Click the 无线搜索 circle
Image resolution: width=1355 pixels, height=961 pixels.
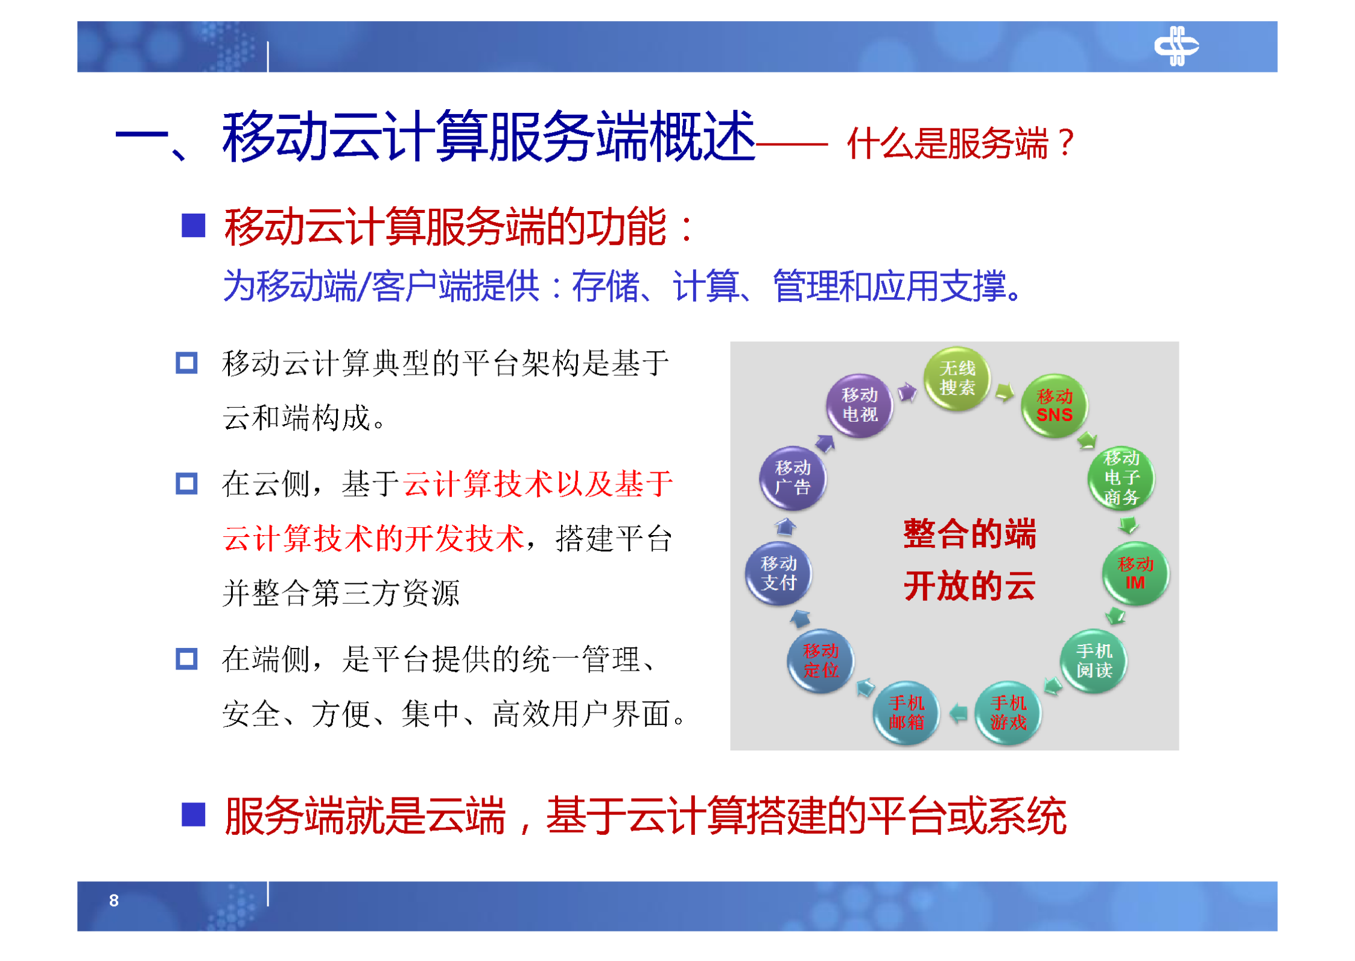pos(956,379)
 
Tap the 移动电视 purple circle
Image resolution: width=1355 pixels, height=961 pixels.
pos(859,405)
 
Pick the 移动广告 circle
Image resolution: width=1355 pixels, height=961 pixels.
pos(792,478)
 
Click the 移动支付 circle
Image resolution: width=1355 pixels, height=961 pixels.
pos(778,573)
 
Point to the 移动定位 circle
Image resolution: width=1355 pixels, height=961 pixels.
pos(820,661)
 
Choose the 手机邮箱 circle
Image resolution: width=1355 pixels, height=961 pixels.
pos(906,713)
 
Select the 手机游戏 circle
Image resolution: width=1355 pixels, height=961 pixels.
pos(1008,713)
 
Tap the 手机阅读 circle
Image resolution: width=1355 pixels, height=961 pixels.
pos(1093,661)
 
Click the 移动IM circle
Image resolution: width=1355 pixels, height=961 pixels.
pos(1135,574)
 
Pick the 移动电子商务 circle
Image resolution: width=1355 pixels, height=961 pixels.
pos(1121,478)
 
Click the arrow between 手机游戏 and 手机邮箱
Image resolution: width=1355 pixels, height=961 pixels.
pos(958,714)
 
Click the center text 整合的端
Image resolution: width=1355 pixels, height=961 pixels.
pos(969,534)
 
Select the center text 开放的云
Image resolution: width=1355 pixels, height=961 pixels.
pos(969,586)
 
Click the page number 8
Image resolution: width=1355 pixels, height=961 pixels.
pos(113,901)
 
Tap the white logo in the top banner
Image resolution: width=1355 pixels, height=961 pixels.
pos(1176,46)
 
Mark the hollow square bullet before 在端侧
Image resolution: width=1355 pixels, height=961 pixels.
pos(186,659)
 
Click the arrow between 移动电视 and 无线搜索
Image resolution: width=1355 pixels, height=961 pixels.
pos(907,393)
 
